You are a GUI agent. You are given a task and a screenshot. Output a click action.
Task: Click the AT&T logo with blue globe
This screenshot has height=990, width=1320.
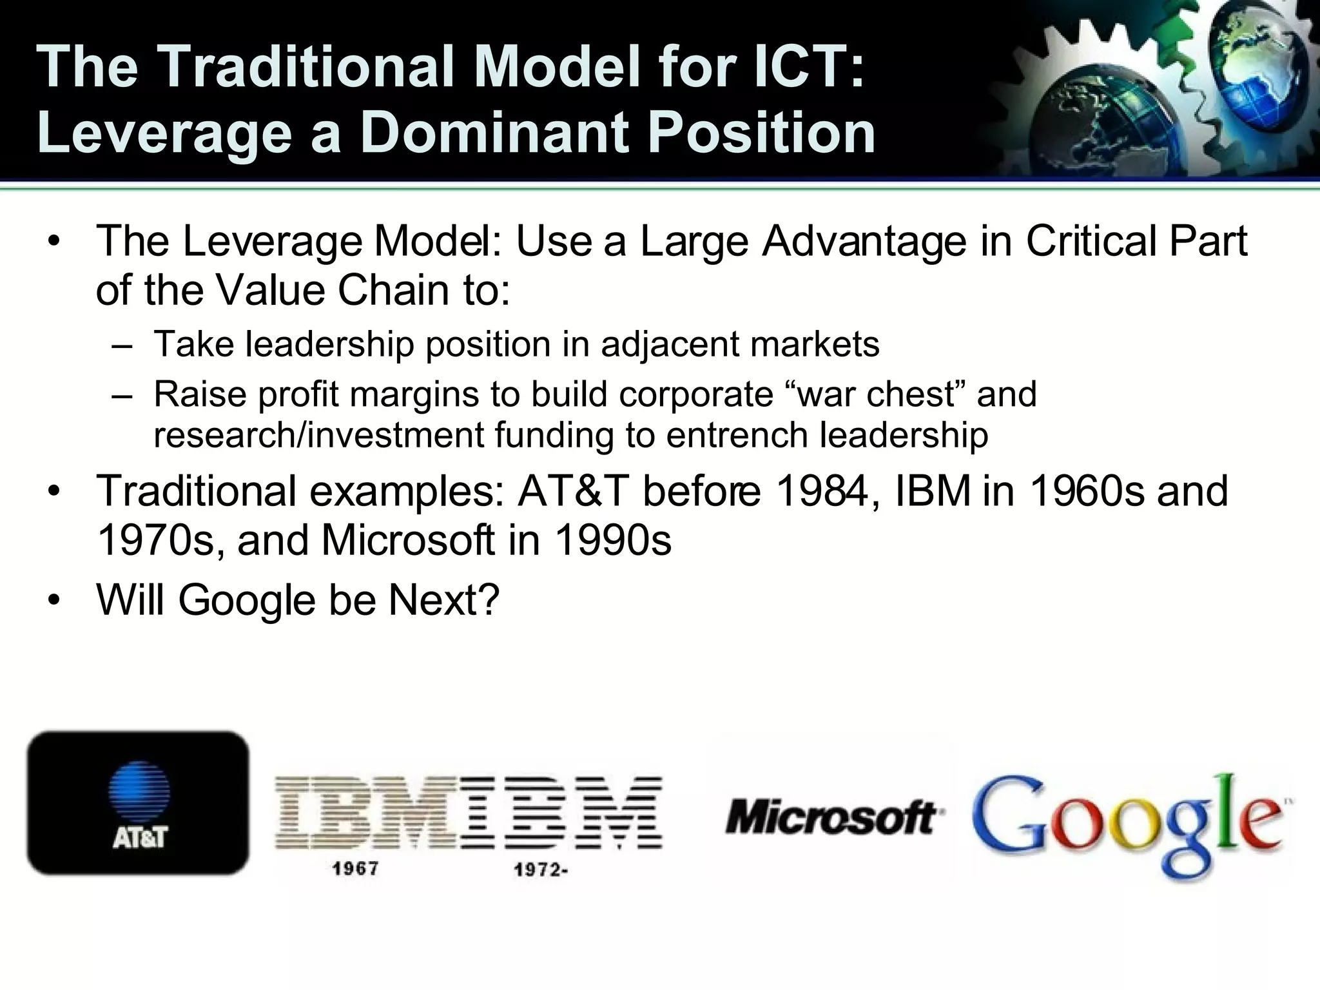pyautogui.click(x=137, y=803)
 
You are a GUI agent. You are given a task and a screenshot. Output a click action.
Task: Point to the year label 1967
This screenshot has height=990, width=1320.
pyautogui.click(x=355, y=869)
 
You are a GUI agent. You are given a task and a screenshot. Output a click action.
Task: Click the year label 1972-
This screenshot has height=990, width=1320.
pyautogui.click(x=540, y=870)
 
